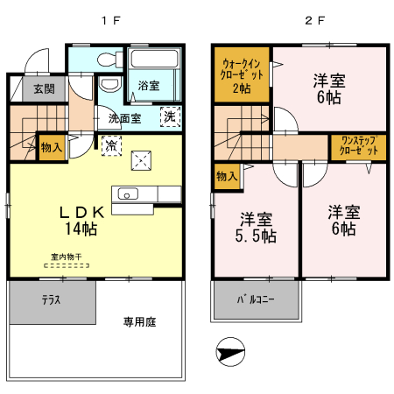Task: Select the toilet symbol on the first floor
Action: [109, 61]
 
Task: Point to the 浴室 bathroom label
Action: [149, 85]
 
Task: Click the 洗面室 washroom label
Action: [124, 118]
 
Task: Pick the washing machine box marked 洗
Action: [169, 115]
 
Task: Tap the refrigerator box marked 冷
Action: [111, 146]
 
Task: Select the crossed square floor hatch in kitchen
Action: [142, 160]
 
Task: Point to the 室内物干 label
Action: [66, 256]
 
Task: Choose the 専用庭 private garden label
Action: [138, 321]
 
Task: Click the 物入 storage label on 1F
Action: [52, 148]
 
